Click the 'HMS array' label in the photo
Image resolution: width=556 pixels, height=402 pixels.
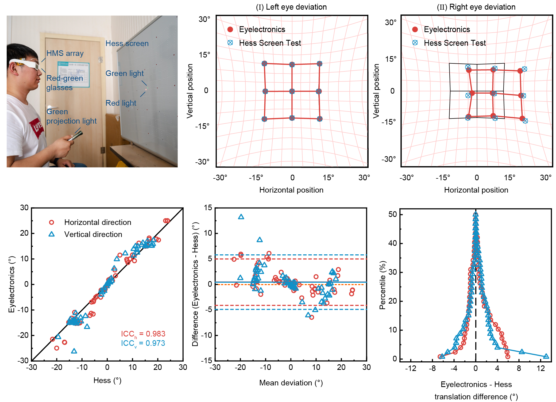point(65,53)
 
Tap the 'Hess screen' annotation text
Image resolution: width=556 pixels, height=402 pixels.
point(127,44)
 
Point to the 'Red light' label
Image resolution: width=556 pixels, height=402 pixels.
point(121,103)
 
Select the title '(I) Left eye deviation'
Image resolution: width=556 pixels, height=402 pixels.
point(291,7)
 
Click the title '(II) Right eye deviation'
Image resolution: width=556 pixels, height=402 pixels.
point(476,7)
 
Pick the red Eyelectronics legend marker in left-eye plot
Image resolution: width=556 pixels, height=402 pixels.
point(230,29)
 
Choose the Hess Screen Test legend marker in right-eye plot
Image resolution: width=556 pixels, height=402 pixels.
point(415,43)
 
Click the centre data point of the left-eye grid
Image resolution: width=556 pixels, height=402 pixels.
point(292,91)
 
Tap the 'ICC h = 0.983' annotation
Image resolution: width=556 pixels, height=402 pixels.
point(143,334)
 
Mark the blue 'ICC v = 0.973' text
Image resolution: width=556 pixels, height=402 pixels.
point(143,343)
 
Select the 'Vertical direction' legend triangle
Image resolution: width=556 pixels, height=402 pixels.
point(52,234)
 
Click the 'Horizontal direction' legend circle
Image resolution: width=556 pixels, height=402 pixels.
point(52,222)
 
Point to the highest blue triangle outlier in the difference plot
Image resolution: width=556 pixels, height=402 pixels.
point(241,217)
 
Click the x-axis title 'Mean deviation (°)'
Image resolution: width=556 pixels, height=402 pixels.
point(291,383)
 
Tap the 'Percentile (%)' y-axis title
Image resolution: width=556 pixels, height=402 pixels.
point(383,285)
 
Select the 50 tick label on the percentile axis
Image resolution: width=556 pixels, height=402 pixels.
point(392,214)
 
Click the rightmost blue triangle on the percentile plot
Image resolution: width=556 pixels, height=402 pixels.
point(546,356)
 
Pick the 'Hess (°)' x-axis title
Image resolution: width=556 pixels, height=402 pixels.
point(107,380)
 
